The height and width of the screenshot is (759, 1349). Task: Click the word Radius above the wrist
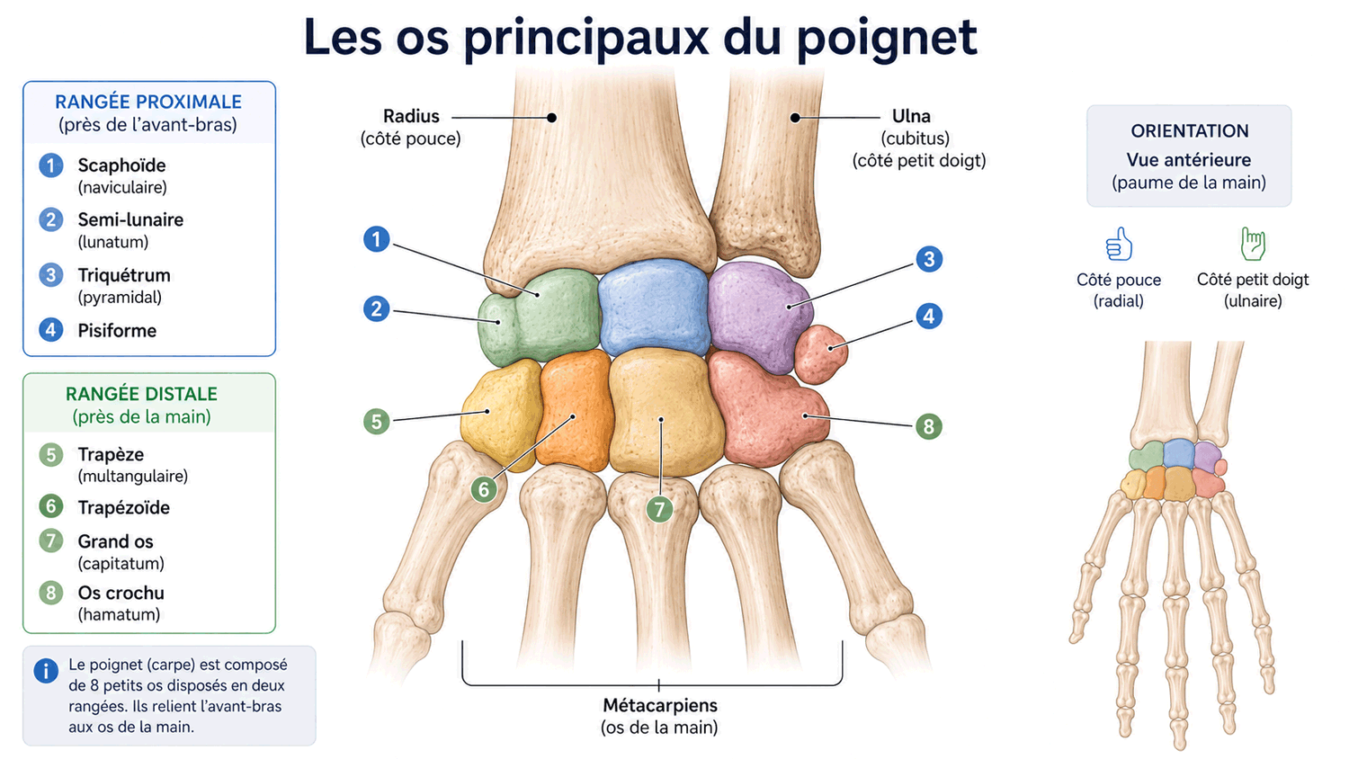[411, 116]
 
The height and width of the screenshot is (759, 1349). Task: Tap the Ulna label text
[910, 116]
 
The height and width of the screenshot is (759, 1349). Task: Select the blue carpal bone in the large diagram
[654, 308]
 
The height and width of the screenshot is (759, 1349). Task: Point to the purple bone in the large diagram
[760, 317]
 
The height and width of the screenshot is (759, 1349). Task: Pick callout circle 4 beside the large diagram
[929, 316]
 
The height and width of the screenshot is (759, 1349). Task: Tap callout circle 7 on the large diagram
[659, 510]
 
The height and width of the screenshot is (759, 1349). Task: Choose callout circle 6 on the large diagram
[484, 490]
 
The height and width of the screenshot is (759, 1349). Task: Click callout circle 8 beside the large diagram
[929, 426]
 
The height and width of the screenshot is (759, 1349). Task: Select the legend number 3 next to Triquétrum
[51, 275]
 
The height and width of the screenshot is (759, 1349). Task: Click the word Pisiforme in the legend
[117, 331]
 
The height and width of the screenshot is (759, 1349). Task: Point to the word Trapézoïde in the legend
[123, 508]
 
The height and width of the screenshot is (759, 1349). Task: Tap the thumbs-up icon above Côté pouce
[1119, 244]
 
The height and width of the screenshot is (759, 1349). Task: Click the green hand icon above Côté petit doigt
[1253, 244]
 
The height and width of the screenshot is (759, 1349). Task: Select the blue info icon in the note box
[46, 671]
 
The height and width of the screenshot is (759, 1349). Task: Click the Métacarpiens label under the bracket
[660, 705]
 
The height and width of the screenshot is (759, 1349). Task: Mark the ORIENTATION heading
[1190, 130]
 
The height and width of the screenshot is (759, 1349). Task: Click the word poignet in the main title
[887, 39]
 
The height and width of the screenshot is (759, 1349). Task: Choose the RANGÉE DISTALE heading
[141, 394]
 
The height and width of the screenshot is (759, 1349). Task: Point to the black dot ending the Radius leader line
[551, 118]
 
